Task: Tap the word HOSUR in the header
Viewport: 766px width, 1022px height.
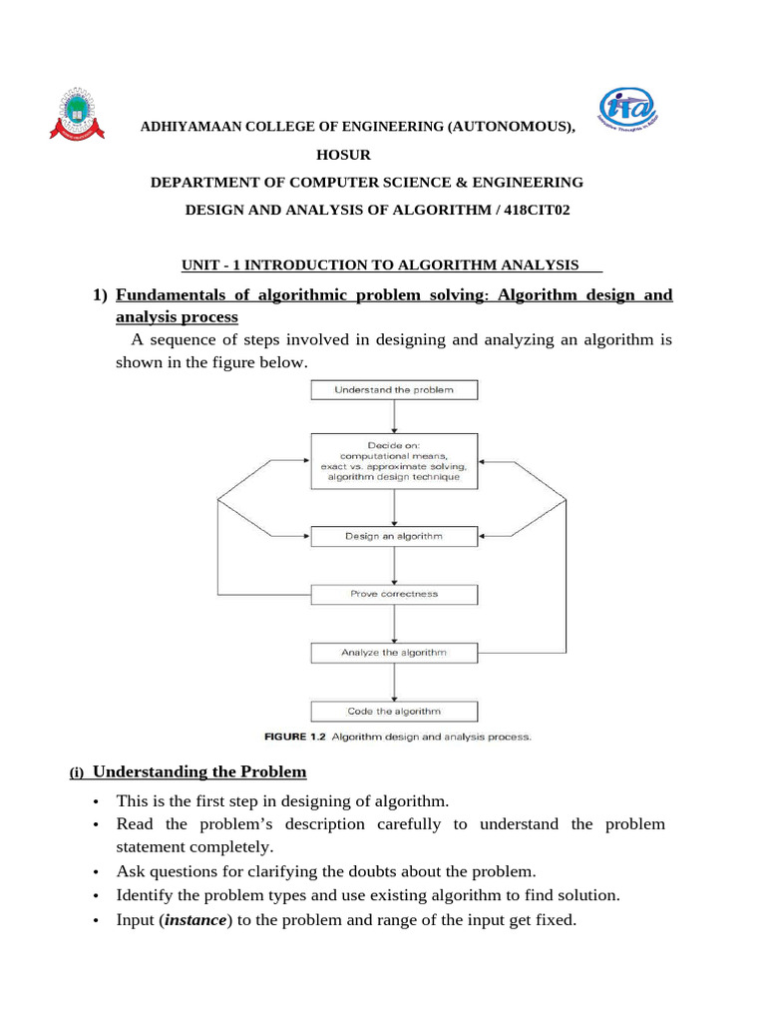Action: click(x=342, y=155)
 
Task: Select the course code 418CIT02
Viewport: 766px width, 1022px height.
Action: click(x=539, y=210)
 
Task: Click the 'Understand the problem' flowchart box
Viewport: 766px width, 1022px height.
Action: click(x=394, y=389)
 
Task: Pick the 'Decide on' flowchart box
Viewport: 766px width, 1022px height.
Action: click(x=394, y=460)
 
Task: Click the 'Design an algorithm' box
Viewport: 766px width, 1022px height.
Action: click(x=394, y=536)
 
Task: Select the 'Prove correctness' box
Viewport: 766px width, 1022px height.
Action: click(x=394, y=594)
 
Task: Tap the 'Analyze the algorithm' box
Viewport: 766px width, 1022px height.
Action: click(x=394, y=653)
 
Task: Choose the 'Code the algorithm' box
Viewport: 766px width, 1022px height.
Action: click(x=394, y=712)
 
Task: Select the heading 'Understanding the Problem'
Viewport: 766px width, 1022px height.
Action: click(x=199, y=771)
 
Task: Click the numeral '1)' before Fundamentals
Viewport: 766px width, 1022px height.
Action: click(x=100, y=294)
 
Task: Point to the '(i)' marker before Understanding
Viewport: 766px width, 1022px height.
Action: click(x=78, y=773)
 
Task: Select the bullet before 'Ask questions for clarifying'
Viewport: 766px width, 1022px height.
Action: click(x=96, y=872)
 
